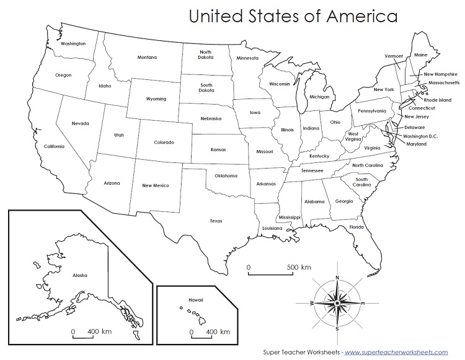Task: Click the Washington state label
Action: point(73,44)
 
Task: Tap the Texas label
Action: point(216,221)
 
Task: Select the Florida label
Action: point(356,227)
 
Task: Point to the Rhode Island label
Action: point(437,99)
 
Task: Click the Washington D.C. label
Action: point(425,136)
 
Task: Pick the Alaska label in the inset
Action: point(80,274)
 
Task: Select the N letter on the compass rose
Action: point(337,278)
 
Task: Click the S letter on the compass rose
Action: point(336,328)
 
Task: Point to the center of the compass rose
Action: point(337,302)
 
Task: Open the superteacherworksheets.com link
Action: point(397,351)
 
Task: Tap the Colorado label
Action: point(167,143)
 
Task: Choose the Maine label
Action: point(420,55)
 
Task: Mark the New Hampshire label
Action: point(441,74)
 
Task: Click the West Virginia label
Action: point(353,137)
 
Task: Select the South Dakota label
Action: point(206,88)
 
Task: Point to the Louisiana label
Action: point(272,228)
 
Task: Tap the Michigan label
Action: point(319,97)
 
